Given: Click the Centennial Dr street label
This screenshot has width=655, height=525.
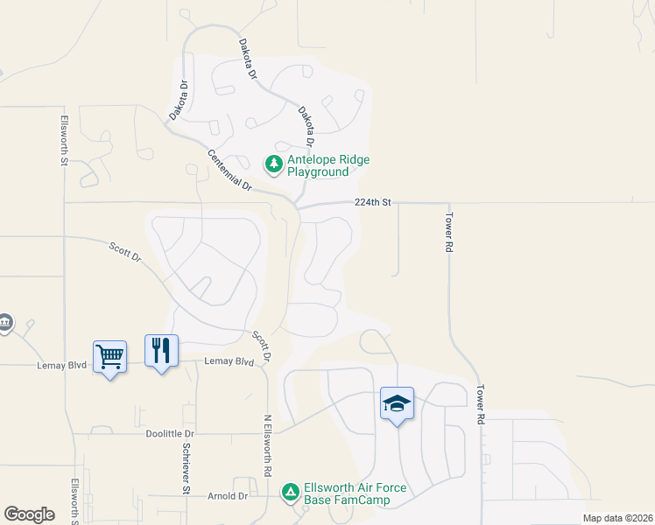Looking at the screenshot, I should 230,171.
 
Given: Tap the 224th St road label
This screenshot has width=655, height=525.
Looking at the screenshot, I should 372,202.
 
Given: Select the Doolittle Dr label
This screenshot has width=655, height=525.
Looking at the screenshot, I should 171,433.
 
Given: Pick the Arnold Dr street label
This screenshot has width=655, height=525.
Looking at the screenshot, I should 228,496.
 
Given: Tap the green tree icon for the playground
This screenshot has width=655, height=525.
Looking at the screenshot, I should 273,164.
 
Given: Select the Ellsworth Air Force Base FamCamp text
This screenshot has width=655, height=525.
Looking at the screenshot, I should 347,494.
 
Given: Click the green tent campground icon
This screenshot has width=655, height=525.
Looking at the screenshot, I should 291,493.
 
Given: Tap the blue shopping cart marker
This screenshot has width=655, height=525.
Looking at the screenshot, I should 110,355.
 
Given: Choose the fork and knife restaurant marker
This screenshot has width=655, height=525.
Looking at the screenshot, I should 161,351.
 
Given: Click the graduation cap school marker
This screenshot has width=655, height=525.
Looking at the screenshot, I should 397,403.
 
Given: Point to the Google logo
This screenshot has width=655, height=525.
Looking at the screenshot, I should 29,514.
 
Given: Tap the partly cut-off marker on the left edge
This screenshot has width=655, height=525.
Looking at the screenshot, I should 4,323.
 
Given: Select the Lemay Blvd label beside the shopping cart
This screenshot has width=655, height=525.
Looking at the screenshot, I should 62,366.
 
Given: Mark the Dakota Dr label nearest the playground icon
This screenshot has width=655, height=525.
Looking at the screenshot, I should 306,126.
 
